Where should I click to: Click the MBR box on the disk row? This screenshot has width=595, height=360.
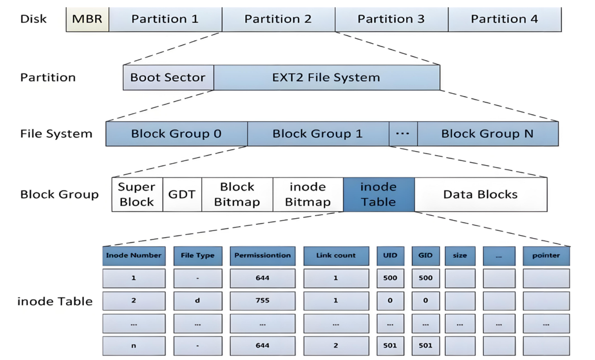point(87,19)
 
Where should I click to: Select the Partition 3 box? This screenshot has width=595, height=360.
point(391,19)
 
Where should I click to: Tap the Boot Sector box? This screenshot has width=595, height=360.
point(168,77)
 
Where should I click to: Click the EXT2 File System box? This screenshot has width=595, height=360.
point(327,77)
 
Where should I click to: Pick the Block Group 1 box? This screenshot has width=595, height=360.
point(318,134)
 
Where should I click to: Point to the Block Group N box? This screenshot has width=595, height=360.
point(488,134)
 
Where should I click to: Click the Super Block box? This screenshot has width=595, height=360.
point(137,194)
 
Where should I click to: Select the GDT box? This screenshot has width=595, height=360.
point(182,194)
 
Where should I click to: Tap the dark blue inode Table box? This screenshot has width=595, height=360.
point(379,194)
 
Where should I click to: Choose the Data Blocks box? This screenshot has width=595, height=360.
point(481,194)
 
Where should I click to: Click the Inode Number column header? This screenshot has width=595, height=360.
point(134,256)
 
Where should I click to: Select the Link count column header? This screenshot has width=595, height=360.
point(336,256)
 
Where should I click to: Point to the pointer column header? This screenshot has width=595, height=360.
point(546,256)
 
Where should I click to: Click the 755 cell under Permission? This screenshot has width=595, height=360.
point(263,301)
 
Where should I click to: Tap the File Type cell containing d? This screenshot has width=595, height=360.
point(198,301)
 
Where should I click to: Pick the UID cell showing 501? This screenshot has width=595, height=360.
point(390,345)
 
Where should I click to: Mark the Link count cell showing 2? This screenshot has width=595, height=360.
point(336,345)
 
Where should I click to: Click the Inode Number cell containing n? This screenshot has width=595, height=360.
point(134,345)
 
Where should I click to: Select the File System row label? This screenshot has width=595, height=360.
point(56,134)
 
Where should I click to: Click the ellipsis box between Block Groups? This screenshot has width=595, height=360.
point(403,134)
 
